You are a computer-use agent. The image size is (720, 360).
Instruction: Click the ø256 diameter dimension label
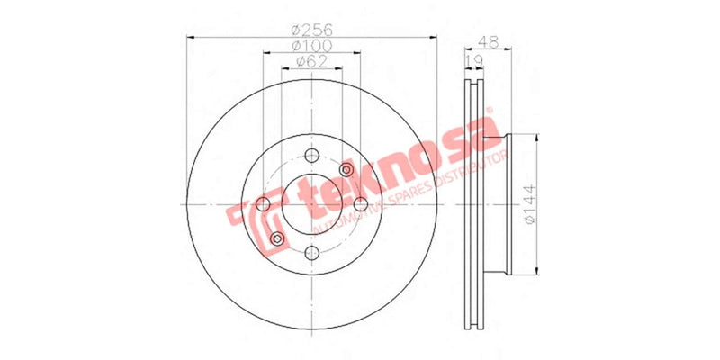[x=312, y=29]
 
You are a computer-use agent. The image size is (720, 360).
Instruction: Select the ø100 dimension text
[x=312, y=45]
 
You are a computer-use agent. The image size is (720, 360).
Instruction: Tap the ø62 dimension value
[x=311, y=62]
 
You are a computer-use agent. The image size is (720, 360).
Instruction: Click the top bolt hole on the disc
[x=311, y=156]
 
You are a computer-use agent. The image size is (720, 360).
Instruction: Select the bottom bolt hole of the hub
[x=311, y=253]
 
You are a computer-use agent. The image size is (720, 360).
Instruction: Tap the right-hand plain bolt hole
[x=360, y=204]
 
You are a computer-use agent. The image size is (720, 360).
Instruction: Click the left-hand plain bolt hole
[x=264, y=205]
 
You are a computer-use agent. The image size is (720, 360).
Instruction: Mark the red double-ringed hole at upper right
[x=346, y=170]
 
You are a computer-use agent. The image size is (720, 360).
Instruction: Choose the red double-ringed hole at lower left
[x=277, y=238]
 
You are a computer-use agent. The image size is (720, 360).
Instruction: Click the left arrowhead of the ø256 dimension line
[x=190, y=37]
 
